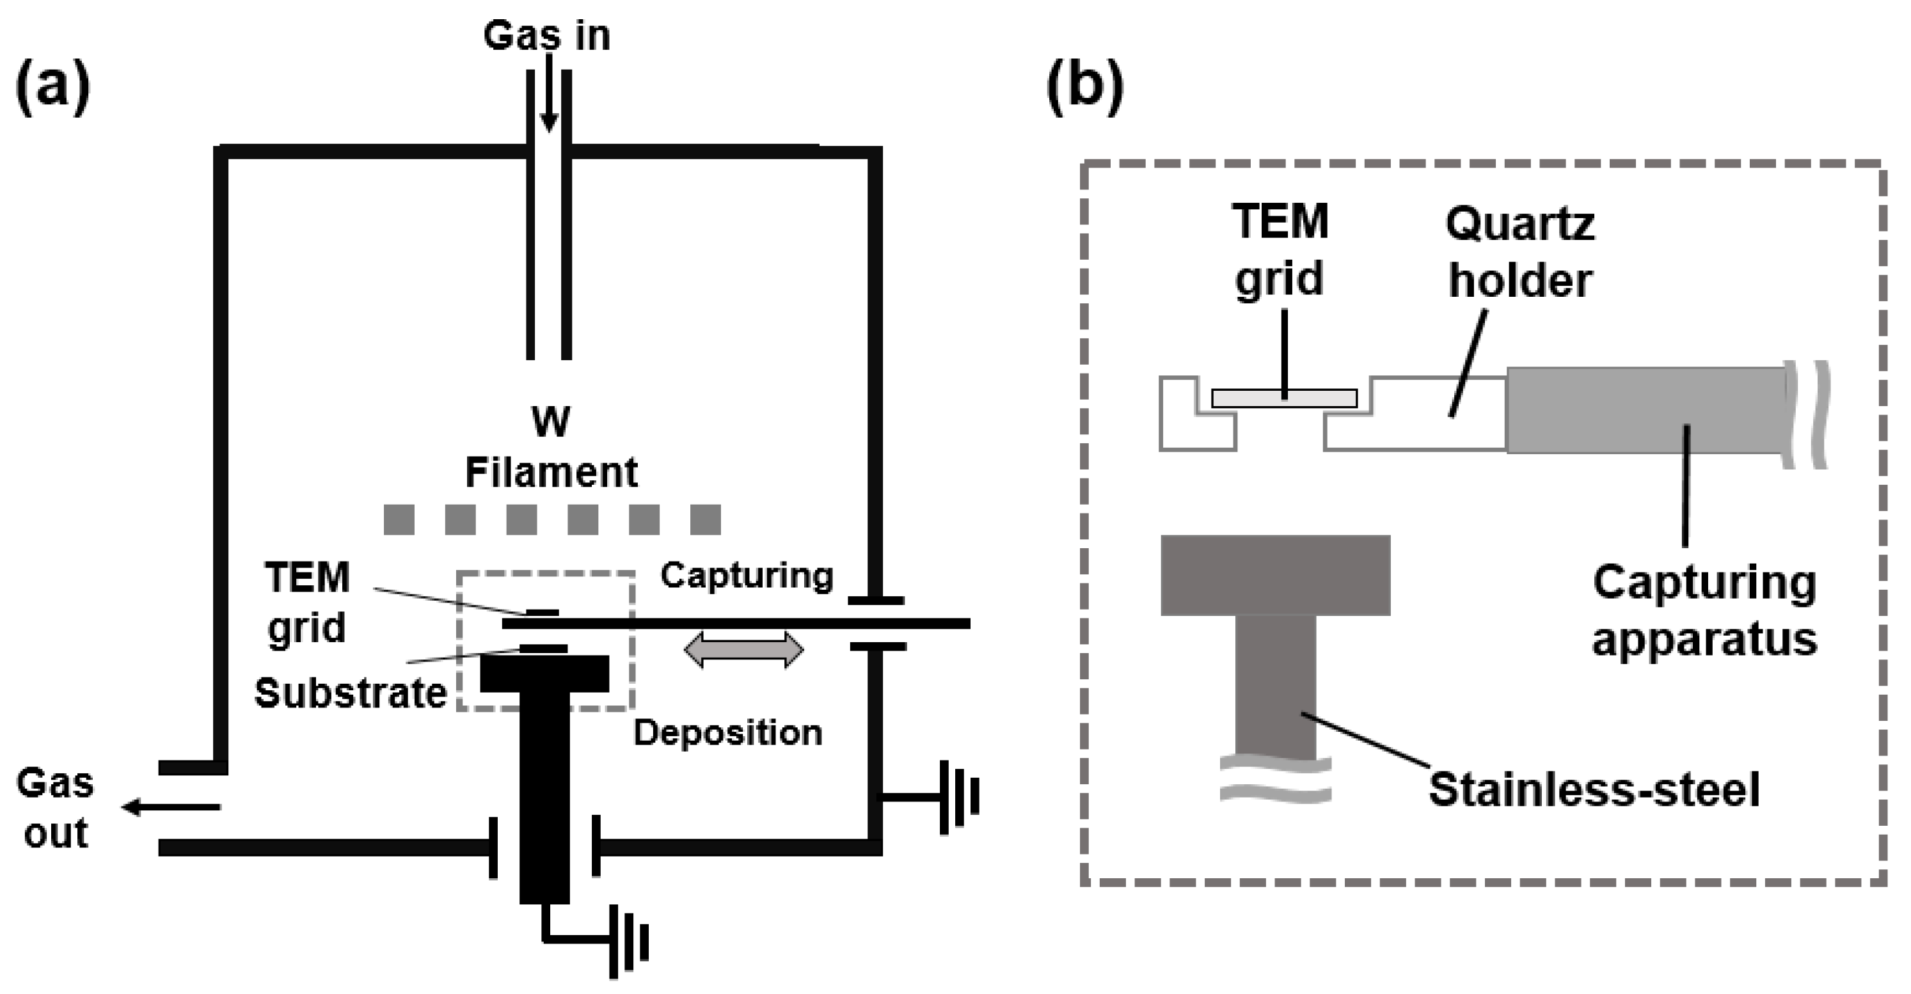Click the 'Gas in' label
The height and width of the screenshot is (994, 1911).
click(x=547, y=36)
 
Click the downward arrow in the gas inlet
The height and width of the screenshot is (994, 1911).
click(x=548, y=104)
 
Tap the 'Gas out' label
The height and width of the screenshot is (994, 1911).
click(x=56, y=809)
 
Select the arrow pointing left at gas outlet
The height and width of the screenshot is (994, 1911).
click(x=171, y=807)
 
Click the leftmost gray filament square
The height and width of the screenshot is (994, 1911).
click(x=399, y=519)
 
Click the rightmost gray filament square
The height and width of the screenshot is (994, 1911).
click(x=706, y=519)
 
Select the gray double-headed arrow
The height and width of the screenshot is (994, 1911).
click(x=743, y=650)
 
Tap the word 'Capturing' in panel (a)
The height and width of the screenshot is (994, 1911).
click(x=747, y=576)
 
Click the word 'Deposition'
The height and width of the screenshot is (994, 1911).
click(x=728, y=733)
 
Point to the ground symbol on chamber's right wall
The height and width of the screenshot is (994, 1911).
click(x=957, y=798)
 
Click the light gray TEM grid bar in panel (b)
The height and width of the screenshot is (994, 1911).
click(x=1284, y=398)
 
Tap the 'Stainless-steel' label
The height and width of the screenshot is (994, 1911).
click(x=1594, y=790)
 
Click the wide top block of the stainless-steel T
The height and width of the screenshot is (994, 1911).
click(x=1275, y=575)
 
